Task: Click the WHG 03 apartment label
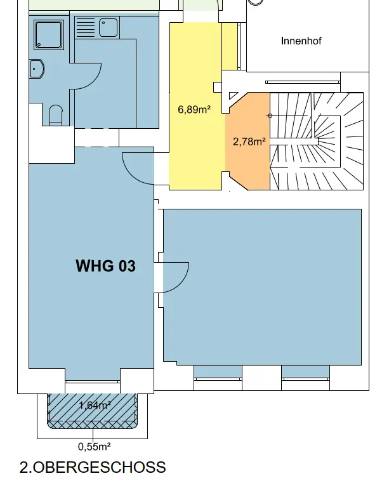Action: pyautogui.click(x=106, y=266)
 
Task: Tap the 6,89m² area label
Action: pyautogui.click(x=194, y=110)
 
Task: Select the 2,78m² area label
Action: pyautogui.click(x=249, y=142)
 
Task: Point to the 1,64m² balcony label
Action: pyautogui.click(x=95, y=405)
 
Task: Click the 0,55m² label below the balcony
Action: pyautogui.click(x=94, y=447)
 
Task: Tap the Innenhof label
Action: pyautogui.click(x=301, y=41)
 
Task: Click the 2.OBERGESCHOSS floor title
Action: pyautogui.click(x=93, y=467)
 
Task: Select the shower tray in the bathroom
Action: pyautogui.click(x=49, y=35)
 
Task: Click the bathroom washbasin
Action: pyautogui.click(x=37, y=69)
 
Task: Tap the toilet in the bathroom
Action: pyautogui.click(x=56, y=115)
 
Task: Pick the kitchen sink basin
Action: pyautogui.click(x=108, y=27)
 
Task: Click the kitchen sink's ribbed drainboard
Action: pyautogui.click(x=86, y=27)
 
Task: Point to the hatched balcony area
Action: pyautogui.click(x=93, y=411)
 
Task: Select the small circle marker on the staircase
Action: pyautogui.click(x=270, y=116)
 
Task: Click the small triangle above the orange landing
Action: pyautogui.click(x=233, y=95)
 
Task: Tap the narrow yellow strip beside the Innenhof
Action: pyautogui.click(x=230, y=46)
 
